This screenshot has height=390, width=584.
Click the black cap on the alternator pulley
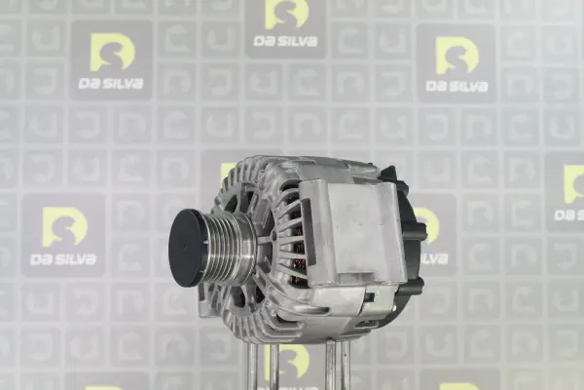pos(189,248)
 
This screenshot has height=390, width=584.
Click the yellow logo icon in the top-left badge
pos(113,53)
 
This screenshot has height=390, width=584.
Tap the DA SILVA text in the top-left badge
pos(111,83)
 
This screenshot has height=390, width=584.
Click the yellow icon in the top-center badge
pos(286,15)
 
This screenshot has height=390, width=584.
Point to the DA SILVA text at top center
pos(285,41)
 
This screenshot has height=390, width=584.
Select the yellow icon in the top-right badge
pos(457,56)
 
